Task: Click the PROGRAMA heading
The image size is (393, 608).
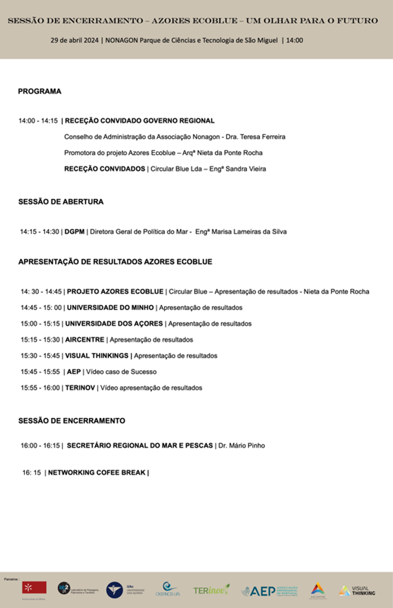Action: pos(40,91)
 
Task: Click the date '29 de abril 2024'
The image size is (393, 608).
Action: pos(75,41)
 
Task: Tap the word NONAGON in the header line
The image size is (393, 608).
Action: pos(121,41)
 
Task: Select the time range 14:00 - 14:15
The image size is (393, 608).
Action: pos(38,121)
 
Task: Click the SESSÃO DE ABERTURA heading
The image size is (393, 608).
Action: pos(61,202)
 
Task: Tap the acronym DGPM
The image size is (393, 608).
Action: pos(74,231)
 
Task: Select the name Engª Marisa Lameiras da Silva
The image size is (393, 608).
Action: pos(241,231)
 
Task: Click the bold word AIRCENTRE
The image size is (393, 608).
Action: pos(84,340)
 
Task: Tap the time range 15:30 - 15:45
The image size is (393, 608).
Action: pos(40,356)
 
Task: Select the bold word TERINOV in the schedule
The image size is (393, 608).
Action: pos(80,388)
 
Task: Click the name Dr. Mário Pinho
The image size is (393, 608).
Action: pos(241,445)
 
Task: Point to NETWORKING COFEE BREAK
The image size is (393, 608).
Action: pos(97,473)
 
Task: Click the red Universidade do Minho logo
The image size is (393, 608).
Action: pos(34,588)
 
